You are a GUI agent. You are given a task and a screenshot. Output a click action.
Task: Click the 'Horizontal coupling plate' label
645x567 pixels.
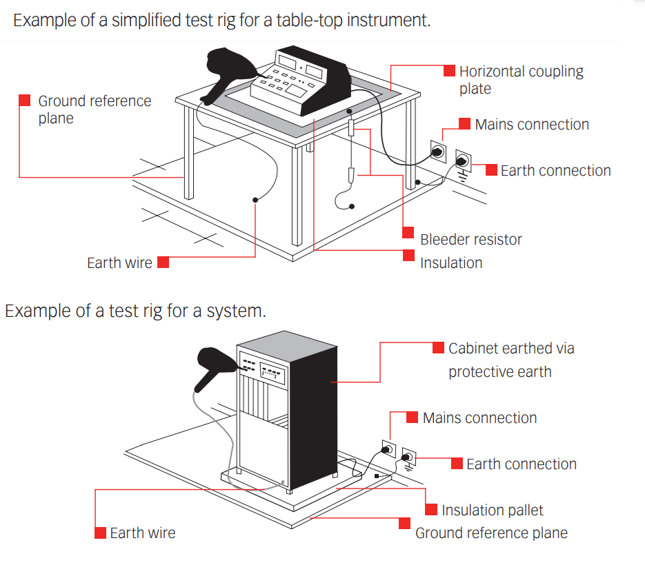(521, 80)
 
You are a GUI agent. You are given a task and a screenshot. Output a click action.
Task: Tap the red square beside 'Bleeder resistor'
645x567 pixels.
(408, 232)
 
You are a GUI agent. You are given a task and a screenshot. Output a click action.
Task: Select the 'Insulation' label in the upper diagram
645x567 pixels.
(451, 262)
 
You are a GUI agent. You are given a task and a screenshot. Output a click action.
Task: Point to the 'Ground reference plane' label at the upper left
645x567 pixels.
(94, 110)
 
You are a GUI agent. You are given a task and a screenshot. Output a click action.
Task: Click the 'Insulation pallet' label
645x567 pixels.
(492, 511)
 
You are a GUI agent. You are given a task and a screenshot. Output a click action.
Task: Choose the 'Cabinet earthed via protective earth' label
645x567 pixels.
(510, 360)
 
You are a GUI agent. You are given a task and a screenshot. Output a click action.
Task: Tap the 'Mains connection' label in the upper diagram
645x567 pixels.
(532, 125)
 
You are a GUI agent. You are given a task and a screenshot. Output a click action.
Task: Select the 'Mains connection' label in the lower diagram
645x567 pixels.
(479, 418)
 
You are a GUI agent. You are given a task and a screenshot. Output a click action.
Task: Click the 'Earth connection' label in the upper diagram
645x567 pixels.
(555, 171)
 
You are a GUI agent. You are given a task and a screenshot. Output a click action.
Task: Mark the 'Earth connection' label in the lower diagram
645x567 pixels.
(521, 464)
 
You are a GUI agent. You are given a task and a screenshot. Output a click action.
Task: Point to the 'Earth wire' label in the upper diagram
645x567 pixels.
(119, 263)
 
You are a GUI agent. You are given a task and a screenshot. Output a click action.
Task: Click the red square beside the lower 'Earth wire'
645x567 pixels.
(100, 533)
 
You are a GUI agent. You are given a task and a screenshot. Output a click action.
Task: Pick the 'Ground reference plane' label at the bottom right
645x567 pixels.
(491, 533)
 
